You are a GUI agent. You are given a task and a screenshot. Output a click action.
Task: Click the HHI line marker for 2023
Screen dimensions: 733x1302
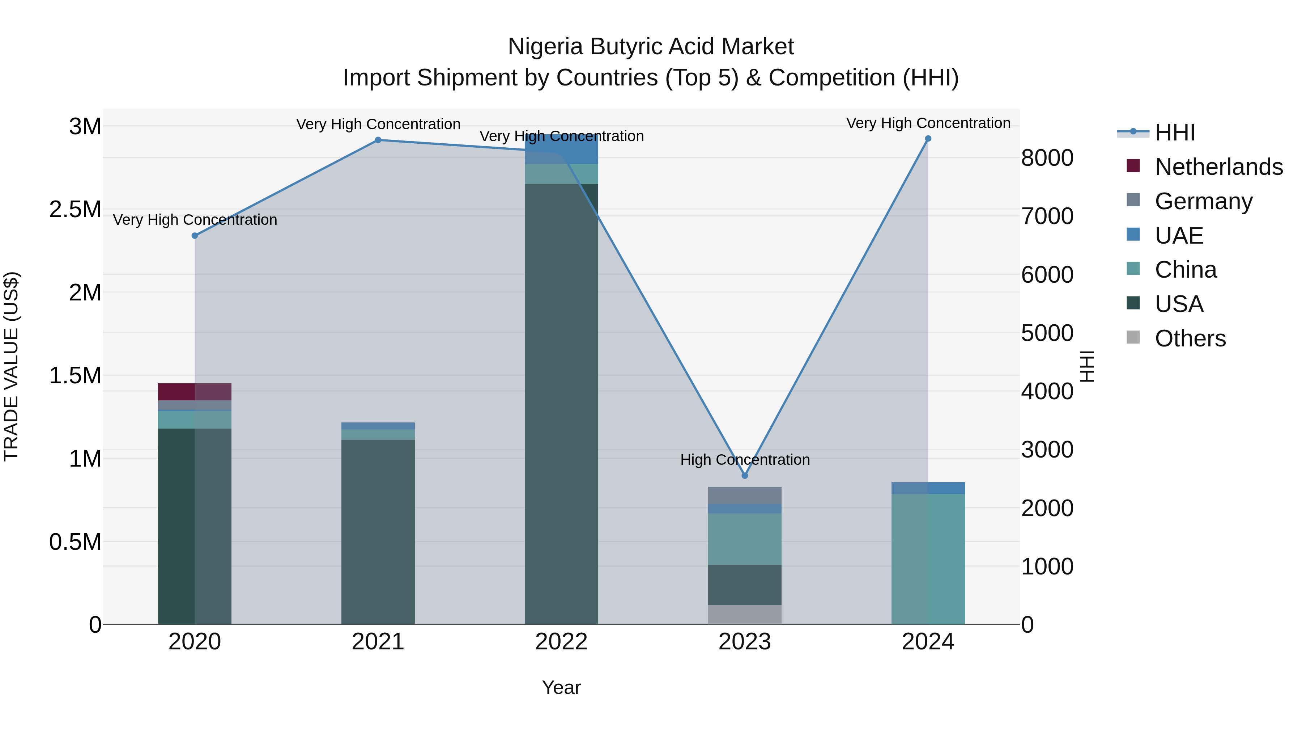(745, 476)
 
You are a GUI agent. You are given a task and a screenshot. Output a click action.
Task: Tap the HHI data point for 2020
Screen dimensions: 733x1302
(195, 236)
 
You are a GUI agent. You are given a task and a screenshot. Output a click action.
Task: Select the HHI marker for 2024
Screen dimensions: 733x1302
(928, 139)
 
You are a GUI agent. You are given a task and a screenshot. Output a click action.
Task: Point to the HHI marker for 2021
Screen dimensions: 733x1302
(378, 140)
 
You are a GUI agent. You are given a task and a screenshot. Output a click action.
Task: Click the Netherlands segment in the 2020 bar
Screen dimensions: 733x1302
(195, 392)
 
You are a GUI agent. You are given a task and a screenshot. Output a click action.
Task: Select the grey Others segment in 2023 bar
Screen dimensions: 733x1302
(745, 615)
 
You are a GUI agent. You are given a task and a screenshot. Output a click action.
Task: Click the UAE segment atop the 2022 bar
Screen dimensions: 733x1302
(561, 149)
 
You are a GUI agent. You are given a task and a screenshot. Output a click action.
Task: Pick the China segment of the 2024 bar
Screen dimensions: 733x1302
(928, 559)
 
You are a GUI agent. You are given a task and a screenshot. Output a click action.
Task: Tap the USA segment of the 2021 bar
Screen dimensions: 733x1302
(378, 531)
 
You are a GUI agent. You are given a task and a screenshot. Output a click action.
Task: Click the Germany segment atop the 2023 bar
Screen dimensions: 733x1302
(745, 495)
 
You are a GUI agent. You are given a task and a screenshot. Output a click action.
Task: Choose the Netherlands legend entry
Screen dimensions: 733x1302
(1218, 167)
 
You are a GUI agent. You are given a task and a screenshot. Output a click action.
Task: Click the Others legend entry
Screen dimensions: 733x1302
(1190, 338)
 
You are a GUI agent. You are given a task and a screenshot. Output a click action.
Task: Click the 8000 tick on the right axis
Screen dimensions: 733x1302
(1047, 158)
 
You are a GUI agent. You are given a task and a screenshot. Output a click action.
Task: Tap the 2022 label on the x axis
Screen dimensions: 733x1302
(561, 642)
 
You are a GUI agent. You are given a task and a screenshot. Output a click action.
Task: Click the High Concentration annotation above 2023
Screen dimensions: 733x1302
(745, 460)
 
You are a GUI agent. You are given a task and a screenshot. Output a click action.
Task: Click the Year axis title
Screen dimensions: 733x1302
(561, 687)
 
